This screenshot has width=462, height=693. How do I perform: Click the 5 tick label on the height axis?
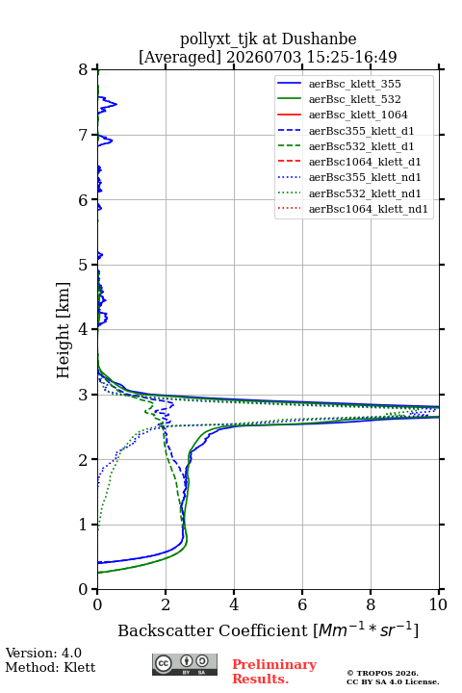coord(84,265)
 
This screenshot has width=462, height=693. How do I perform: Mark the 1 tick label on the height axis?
coord(84,525)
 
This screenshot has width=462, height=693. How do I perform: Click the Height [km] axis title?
coord(64,330)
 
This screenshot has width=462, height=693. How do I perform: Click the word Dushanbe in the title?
coord(319,39)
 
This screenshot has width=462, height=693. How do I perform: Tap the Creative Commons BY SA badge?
coord(185,665)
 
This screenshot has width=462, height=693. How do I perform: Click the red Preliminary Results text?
coord(274,672)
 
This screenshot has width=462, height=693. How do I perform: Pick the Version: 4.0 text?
coord(43,653)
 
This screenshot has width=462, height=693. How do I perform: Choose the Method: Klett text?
coord(50,667)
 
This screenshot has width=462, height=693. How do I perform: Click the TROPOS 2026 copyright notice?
coord(383,673)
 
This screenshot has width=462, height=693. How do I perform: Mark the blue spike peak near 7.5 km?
coord(116,104)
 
